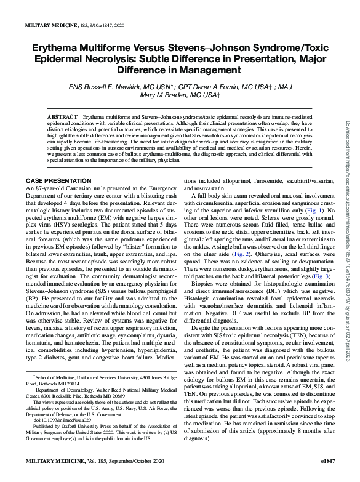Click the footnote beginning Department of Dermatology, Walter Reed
pyautogui.click(x=98, y=390)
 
